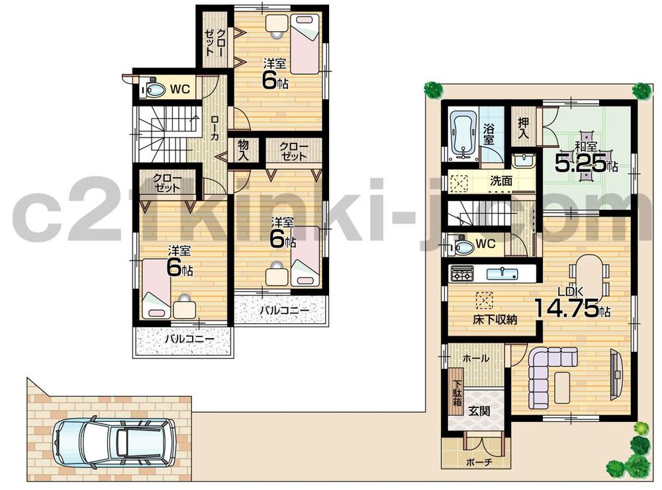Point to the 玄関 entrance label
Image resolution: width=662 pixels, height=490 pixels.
tap(479, 411)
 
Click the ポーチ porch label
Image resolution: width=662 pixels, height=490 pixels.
tap(478, 462)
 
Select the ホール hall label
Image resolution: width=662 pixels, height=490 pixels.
tap(475, 358)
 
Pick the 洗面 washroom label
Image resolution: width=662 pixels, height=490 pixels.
tap(501, 180)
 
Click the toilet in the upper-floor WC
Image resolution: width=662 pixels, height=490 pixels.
tap(154, 89)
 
